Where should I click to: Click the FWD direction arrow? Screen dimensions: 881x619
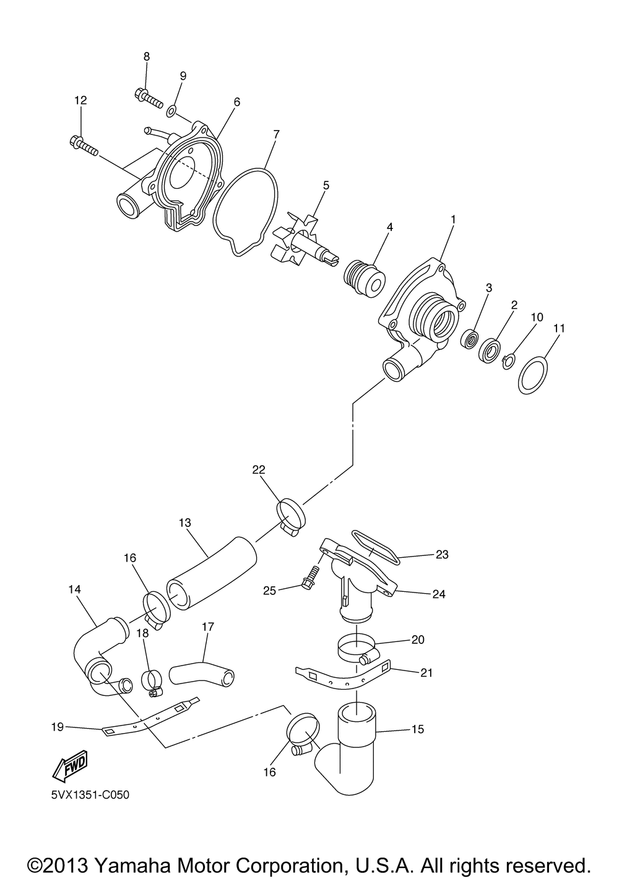(x=69, y=765)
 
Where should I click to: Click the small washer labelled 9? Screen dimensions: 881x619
(x=170, y=112)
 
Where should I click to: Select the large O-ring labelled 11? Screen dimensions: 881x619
(x=533, y=373)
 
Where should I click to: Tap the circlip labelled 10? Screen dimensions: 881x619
(x=507, y=360)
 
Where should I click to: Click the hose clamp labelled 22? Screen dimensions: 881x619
(x=290, y=513)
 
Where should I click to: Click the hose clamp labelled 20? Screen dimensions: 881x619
(x=358, y=649)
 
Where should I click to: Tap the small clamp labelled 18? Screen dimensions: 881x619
(x=152, y=682)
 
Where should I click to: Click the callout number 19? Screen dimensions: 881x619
(x=57, y=727)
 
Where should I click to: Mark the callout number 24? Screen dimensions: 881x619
(x=439, y=594)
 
